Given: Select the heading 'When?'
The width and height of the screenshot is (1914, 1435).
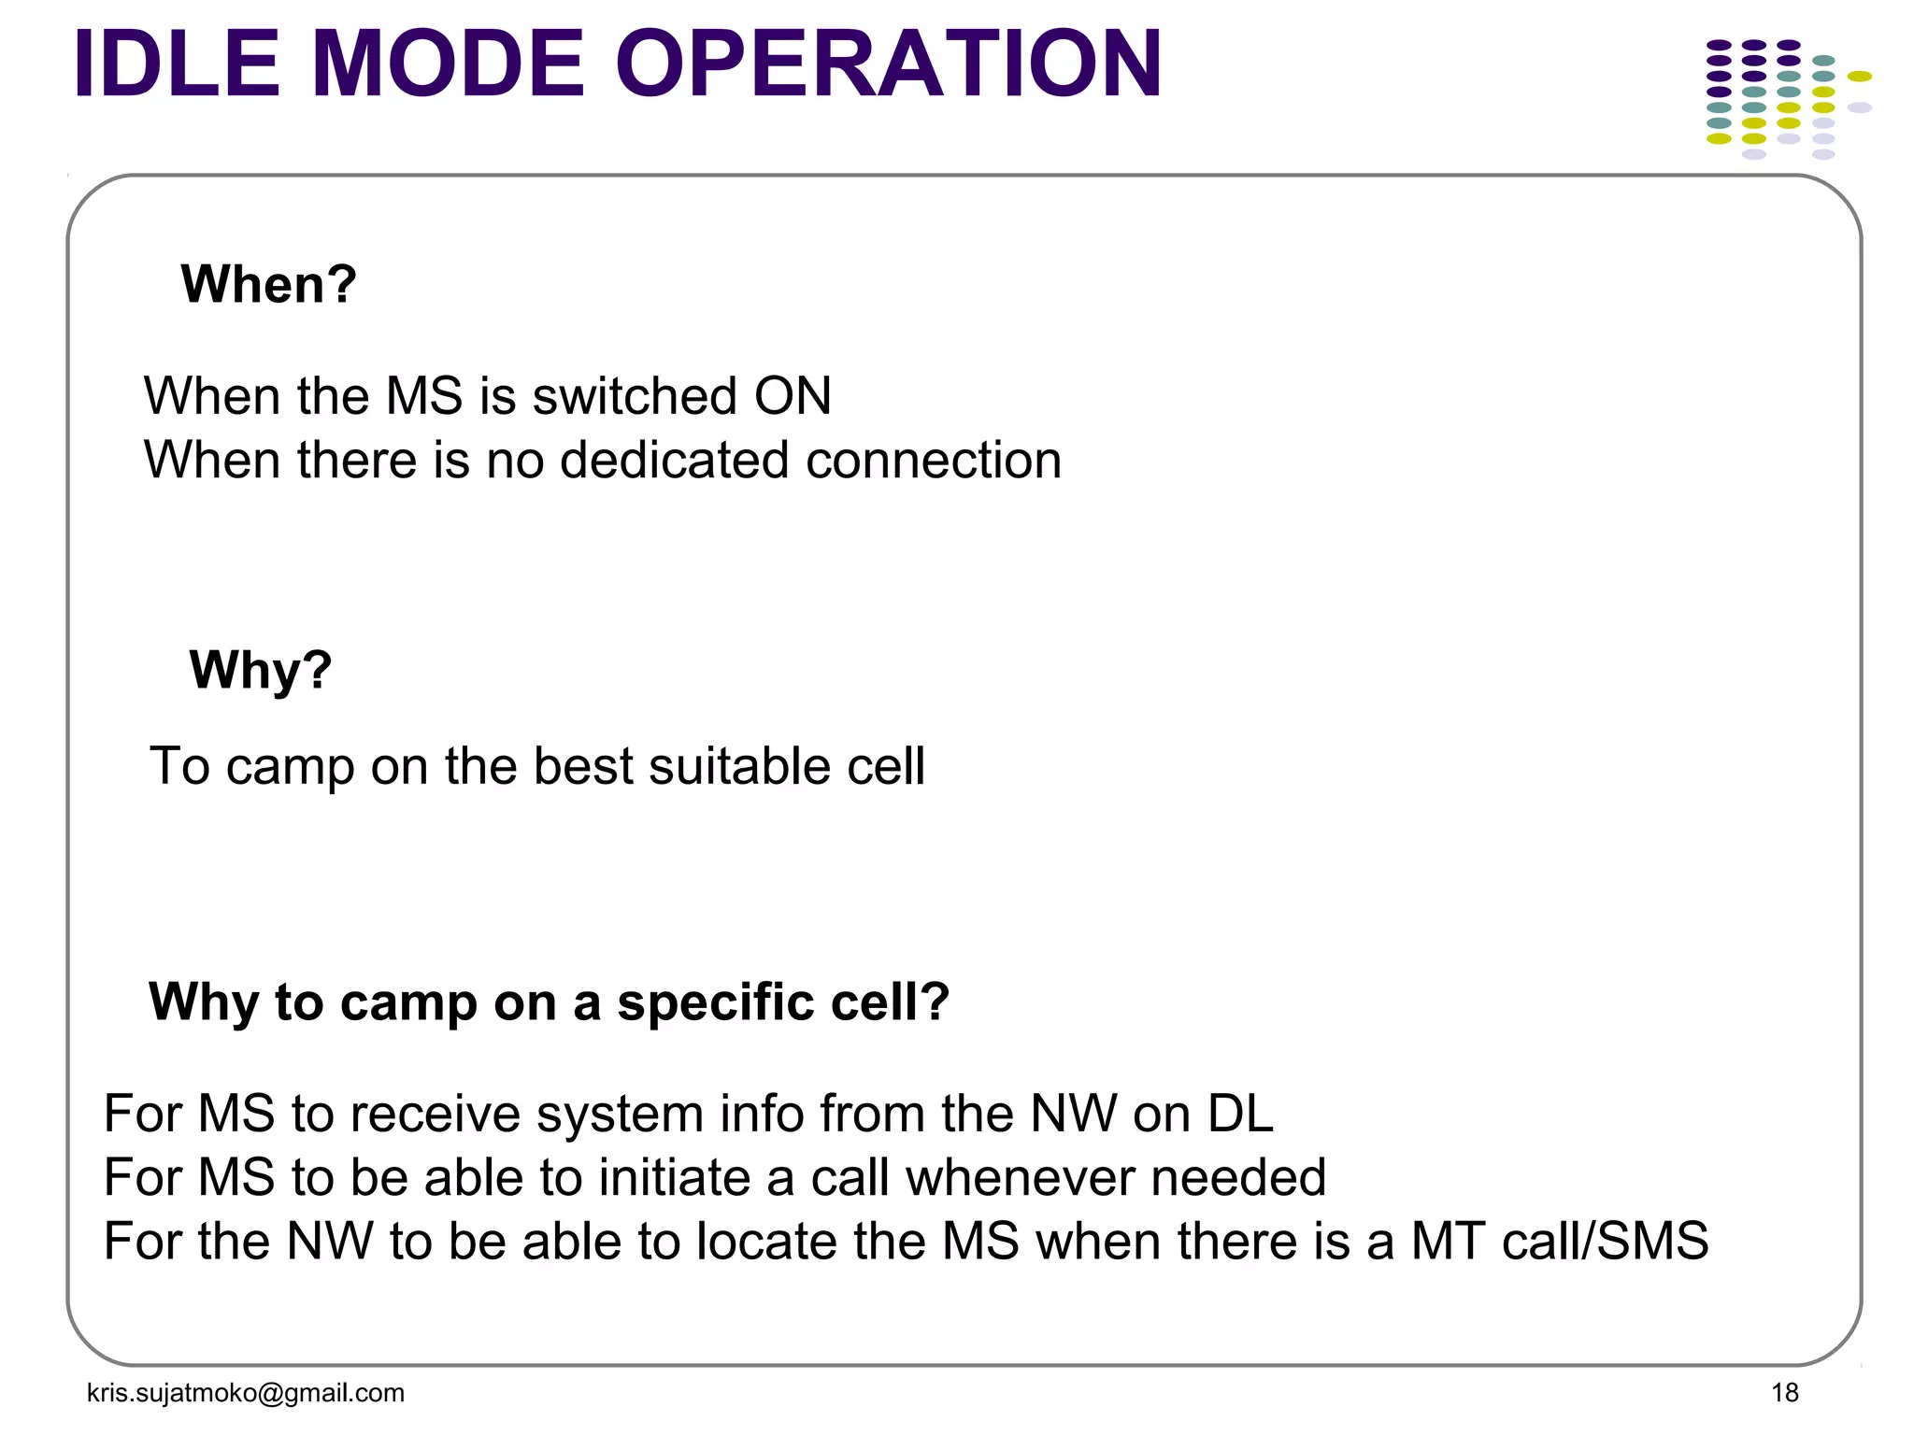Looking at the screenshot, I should pyautogui.click(x=268, y=284).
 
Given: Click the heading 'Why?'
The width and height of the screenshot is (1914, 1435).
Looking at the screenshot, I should pyautogui.click(x=260, y=671).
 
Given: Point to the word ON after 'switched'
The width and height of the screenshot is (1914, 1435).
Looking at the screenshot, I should pyautogui.click(x=793, y=396).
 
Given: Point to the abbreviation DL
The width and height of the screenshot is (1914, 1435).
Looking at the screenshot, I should pyautogui.click(x=1239, y=1114).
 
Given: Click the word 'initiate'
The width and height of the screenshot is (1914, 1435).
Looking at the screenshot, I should pyautogui.click(x=673, y=1177).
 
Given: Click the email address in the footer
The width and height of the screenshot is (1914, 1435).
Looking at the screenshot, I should pyautogui.click(x=245, y=1393).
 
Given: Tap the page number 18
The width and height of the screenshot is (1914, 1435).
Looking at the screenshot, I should pyautogui.click(x=1784, y=1393).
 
